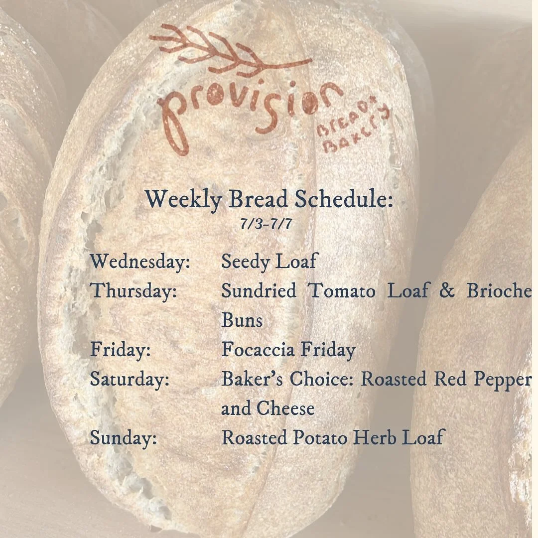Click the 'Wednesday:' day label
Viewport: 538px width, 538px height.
[x=140, y=262]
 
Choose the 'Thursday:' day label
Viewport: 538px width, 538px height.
[x=133, y=291]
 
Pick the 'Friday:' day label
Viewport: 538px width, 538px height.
[x=120, y=350]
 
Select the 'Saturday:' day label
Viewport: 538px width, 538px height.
[x=130, y=379]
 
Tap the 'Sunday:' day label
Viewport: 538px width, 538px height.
[x=123, y=438]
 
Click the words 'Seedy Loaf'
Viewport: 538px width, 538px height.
[x=269, y=262]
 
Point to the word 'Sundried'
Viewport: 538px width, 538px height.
[x=259, y=291]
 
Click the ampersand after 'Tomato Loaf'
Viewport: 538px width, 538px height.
[x=447, y=291]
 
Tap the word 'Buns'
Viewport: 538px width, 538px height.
[x=242, y=320]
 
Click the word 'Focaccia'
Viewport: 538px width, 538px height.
[x=254, y=350]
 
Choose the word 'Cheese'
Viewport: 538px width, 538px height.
[x=285, y=408]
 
